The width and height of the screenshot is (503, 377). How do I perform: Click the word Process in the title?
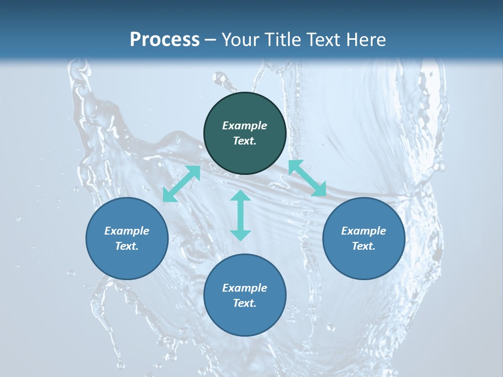tap(165, 39)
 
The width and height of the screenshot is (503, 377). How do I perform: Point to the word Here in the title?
tap(368, 39)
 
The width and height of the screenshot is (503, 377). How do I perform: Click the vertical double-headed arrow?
tap(240, 215)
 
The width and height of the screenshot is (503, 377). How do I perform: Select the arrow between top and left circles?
tap(181, 184)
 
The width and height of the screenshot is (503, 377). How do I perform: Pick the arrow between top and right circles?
tap(307, 178)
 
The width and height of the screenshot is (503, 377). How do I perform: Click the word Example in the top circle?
tap(245, 126)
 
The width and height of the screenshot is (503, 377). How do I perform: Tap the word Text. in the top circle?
tap(245, 141)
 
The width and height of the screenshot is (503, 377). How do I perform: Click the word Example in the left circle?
tap(127, 231)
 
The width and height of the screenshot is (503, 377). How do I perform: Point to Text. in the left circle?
tap(127, 246)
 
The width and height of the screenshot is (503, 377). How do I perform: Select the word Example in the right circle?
tap(364, 231)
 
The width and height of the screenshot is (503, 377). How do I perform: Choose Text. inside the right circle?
tap(364, 246)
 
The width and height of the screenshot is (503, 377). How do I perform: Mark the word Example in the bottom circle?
tap(245, 288)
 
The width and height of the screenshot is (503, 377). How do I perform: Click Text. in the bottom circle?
tap(245, 303)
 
